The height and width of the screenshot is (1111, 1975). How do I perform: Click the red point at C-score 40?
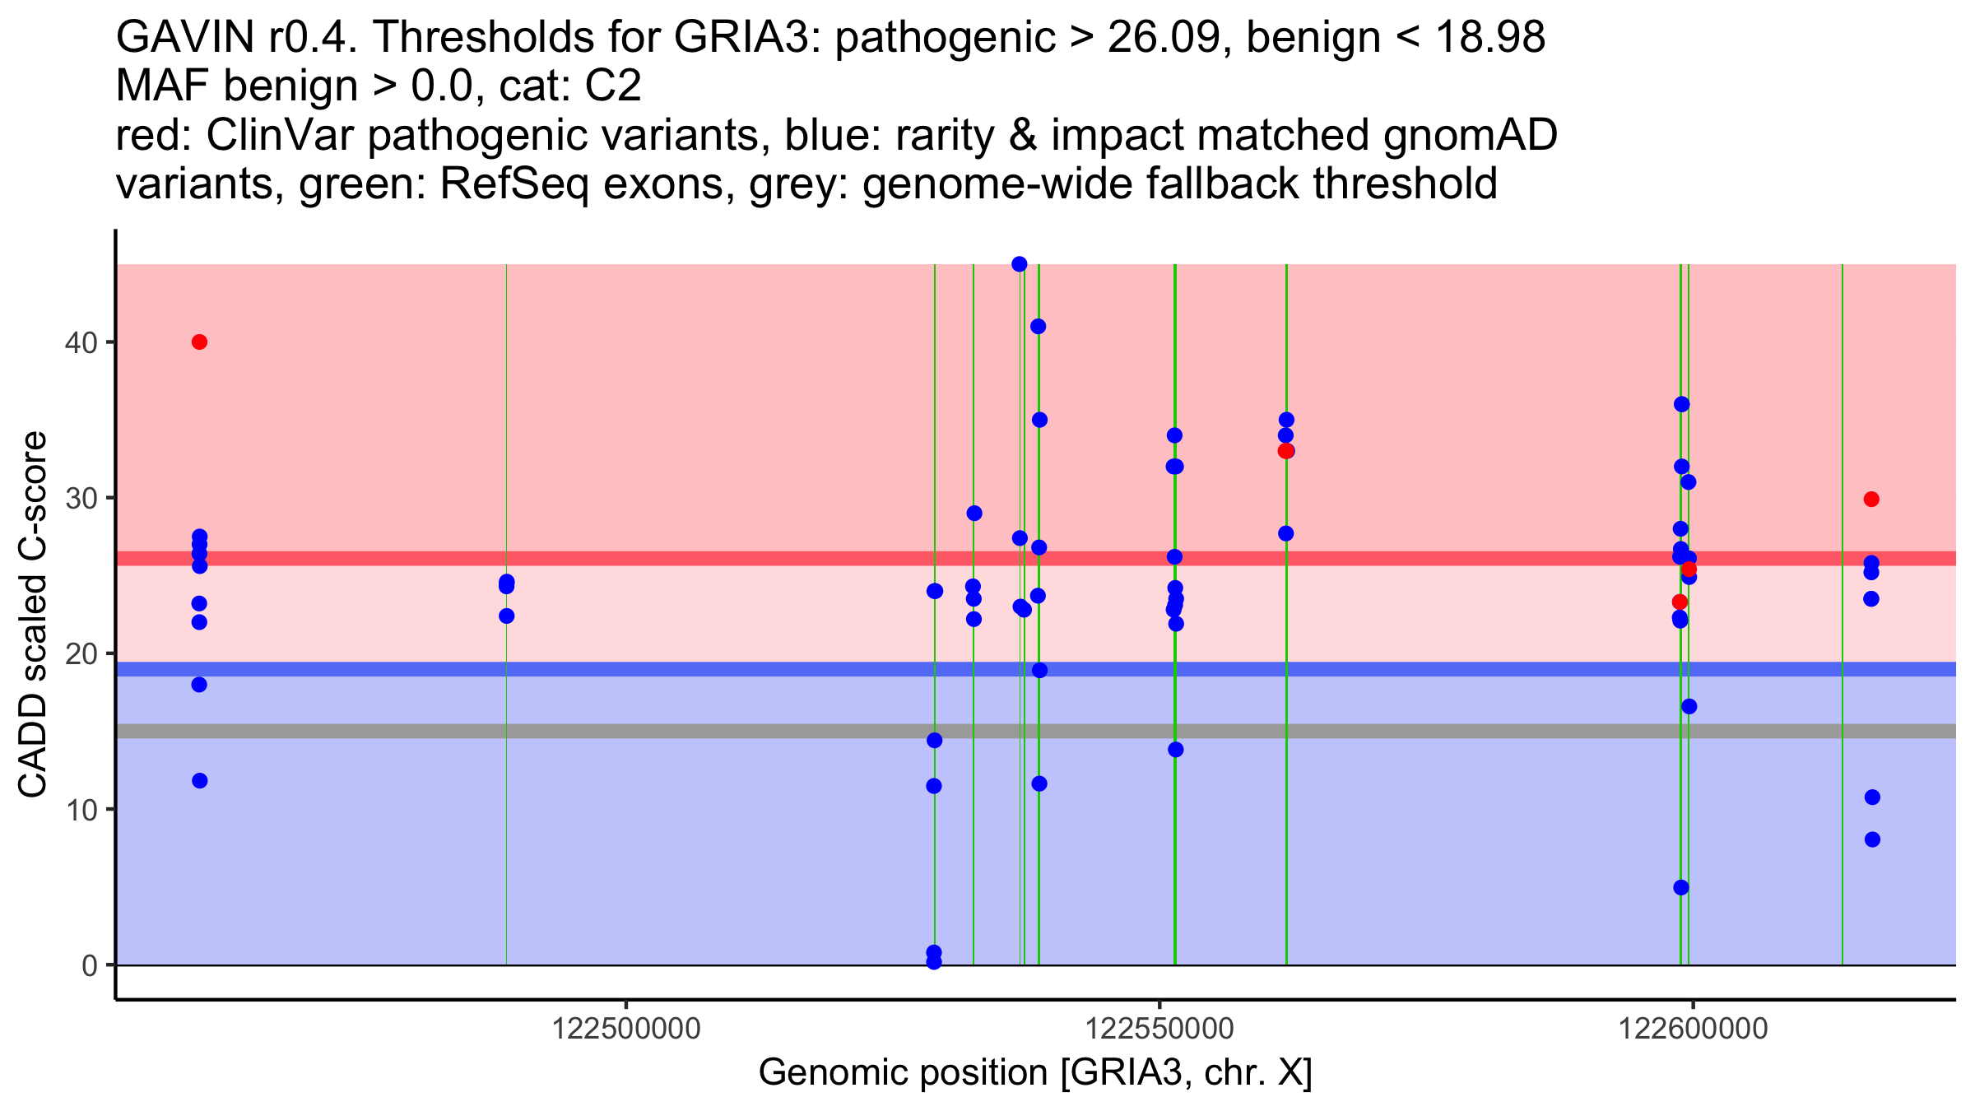point(199,342)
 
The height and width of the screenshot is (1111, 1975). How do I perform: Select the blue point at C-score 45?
point(1020,264)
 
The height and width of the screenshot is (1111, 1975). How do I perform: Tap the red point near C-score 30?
point(1871,499)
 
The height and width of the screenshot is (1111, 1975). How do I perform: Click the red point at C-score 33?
point(1285,451)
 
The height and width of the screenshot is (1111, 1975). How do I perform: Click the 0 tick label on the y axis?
point(89,965)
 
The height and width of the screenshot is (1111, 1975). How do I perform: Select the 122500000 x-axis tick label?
point(626,1029)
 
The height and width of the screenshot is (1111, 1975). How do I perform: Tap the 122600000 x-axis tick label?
point(1693,1029)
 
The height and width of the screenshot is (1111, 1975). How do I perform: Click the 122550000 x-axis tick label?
point(1160,1029)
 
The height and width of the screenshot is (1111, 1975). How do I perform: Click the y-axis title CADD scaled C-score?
point(33,614)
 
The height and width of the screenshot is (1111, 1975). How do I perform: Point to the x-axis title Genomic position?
point(1034,1072)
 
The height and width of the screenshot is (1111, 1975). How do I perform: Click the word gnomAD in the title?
point(1470,135)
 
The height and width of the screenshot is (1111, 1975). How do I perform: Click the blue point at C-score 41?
point(1039,327)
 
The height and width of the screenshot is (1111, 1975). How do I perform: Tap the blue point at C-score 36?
point(1682,404)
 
